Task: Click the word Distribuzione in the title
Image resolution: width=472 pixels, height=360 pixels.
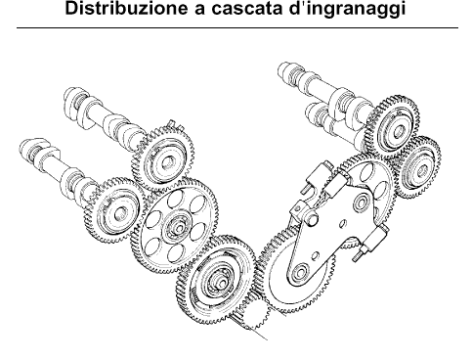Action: pos(126,8)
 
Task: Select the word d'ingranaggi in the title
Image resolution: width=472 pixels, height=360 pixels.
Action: pos(347,10)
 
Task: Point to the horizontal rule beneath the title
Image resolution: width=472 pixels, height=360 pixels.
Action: pos(237,28)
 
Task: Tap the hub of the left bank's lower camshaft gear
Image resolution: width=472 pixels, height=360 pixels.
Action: pos(119,211)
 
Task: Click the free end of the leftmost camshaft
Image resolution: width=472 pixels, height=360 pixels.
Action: pos(26,150)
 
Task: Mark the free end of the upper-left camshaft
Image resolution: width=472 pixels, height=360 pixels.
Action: pos(70,97)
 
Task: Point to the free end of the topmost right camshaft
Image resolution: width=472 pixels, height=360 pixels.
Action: pos(284,70)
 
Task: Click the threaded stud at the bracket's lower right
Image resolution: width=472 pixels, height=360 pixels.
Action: pos(358,257)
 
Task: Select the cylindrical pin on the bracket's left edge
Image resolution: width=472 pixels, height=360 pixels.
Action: pos(311,218)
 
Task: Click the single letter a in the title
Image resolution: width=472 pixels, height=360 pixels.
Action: pos(199,10)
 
